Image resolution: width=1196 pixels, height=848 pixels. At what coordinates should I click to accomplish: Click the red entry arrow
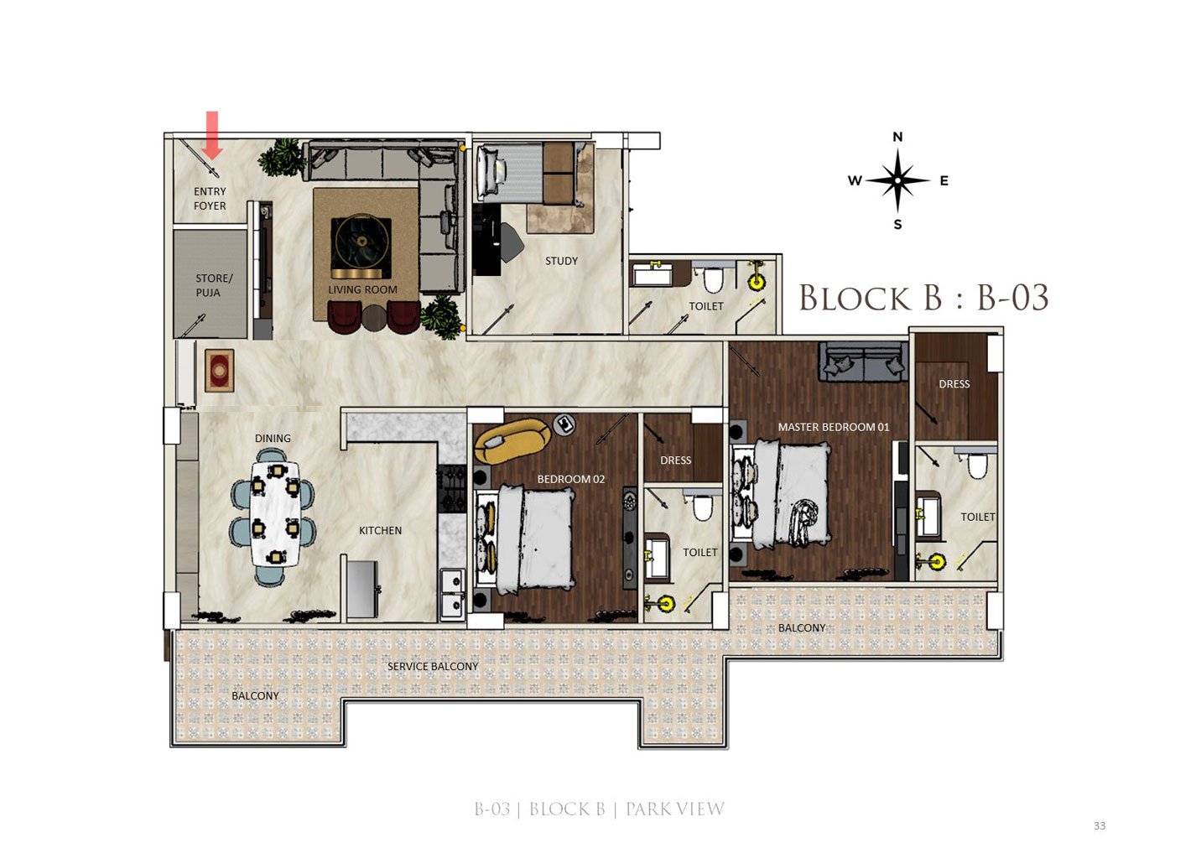(x=212, y=135)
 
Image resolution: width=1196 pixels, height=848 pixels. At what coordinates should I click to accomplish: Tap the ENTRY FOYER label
(x=210, y=199)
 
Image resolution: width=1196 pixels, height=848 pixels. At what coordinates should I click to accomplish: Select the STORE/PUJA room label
(x=213, y=285)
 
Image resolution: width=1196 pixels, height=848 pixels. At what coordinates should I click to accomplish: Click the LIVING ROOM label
(x=362, y=289)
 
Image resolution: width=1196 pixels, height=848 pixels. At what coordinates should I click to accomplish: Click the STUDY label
(x=561, y=261)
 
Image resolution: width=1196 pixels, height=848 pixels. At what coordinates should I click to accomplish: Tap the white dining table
(x=275, y=513)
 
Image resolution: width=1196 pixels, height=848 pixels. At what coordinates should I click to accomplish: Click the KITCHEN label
(x=380, y=530)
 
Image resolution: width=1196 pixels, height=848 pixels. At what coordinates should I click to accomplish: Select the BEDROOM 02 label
(x=571, y=479)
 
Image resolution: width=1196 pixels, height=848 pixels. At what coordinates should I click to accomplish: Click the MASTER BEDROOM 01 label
(x=834, y=427)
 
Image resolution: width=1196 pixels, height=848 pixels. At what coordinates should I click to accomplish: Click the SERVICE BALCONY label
(x=433, y=667)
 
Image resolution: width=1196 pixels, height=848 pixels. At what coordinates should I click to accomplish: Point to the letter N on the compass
(x=897, y=137)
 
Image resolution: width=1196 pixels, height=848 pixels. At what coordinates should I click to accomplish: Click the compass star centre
(x=897, y=180)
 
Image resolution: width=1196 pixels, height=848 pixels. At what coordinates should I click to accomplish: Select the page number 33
(x=1100, y=825)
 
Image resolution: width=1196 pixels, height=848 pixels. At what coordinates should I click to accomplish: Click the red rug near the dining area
(x=220, y=371)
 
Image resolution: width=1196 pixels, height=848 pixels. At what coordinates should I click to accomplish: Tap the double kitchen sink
(x=452, y=595)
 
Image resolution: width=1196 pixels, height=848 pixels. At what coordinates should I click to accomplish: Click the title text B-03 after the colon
(x=1012, y=298)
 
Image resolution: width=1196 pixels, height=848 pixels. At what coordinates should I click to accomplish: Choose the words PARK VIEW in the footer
(x=675, y=809)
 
